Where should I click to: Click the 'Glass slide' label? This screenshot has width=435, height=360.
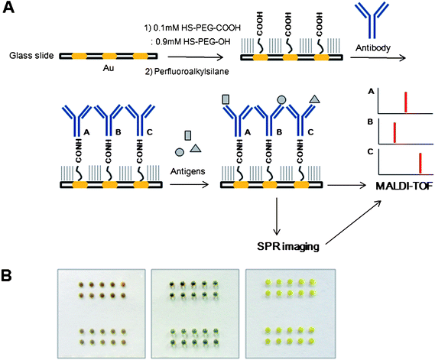pos(28,57)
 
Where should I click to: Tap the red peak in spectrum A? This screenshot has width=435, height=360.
pos(405,102)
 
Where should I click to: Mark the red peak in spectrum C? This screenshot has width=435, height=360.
pos(420,164)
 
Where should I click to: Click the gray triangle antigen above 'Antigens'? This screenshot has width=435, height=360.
pos(194,146)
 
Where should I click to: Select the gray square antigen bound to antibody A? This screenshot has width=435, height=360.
pos(225,99)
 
